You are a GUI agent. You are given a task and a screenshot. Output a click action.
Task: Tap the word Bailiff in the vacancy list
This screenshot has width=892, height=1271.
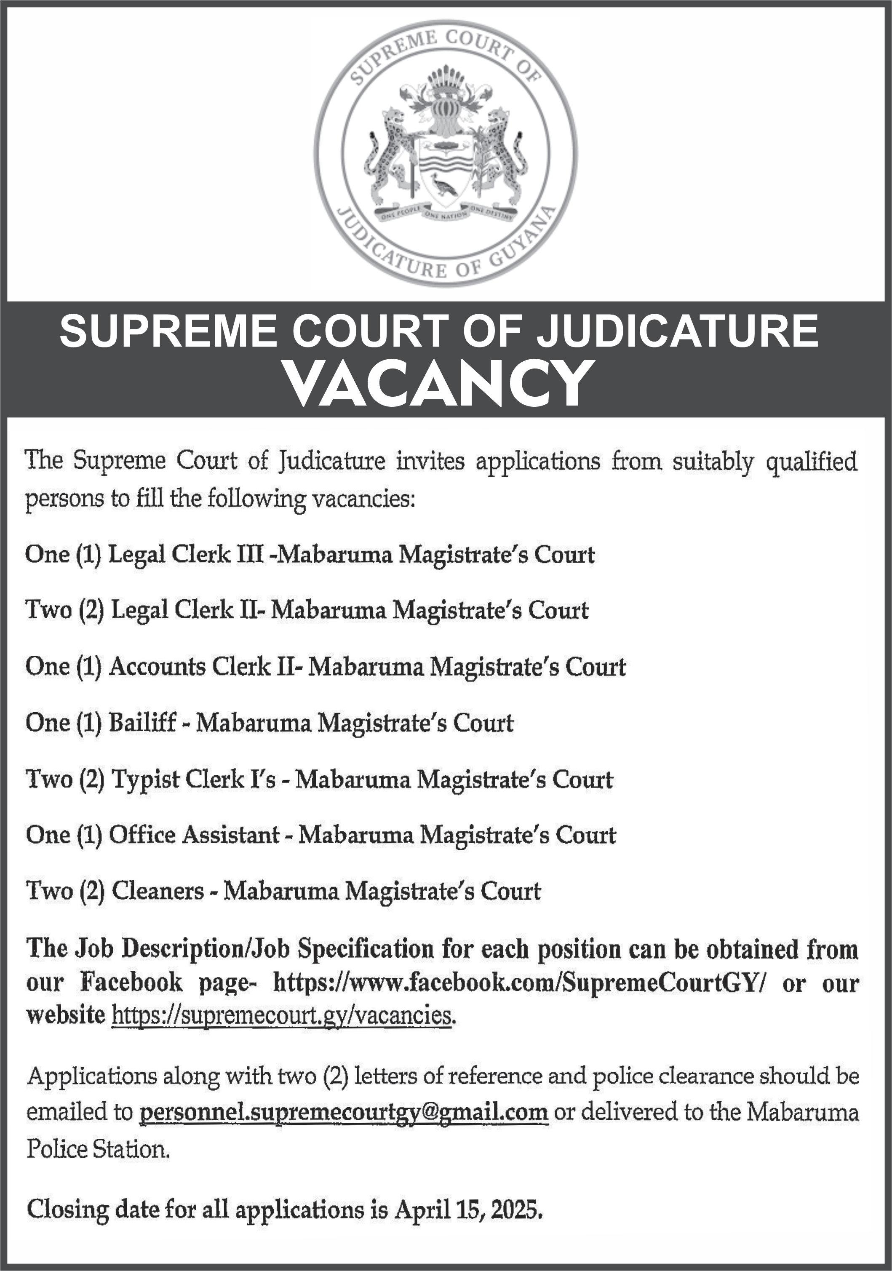[x=142, y=723]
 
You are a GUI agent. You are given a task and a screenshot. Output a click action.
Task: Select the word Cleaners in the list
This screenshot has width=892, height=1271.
[x=158, y=891]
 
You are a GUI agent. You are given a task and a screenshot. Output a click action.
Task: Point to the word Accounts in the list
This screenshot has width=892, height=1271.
[x=157, y=667]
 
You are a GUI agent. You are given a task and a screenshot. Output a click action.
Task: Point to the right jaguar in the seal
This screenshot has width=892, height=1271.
[x=505, y=152]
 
